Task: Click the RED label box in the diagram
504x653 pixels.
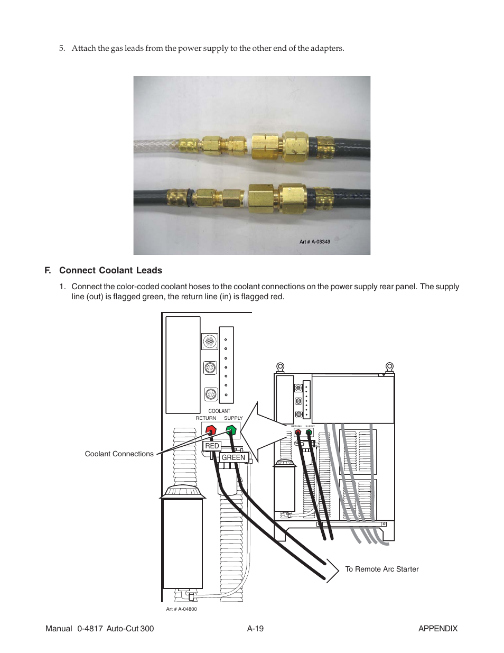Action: [211, 446]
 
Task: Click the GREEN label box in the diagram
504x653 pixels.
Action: [234, 457]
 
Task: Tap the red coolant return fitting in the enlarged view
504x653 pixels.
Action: [211, 430]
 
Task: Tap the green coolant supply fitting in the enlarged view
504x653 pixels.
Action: [231, 430]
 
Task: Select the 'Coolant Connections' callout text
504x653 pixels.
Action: [119, 454]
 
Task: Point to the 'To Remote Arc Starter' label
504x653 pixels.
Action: [381, 569]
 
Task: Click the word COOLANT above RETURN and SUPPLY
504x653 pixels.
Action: [219, 411]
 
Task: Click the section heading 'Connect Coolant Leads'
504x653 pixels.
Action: [110, 270]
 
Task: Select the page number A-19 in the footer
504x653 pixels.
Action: [255, 629]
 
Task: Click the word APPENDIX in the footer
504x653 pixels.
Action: [437, 629]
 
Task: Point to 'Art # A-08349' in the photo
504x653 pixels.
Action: [315, 242]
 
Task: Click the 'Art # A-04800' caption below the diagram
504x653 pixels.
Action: [181, 609]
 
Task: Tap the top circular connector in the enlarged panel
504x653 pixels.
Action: [210, 342]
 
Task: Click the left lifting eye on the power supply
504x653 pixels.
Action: [281, 366]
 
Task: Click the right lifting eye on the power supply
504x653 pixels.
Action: [389, 366]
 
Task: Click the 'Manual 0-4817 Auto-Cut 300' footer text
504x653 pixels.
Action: [99, 629]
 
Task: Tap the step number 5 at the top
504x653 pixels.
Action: [61, 48]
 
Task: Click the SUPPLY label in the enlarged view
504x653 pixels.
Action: [234, 418]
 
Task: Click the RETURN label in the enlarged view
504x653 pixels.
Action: [206, 418]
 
